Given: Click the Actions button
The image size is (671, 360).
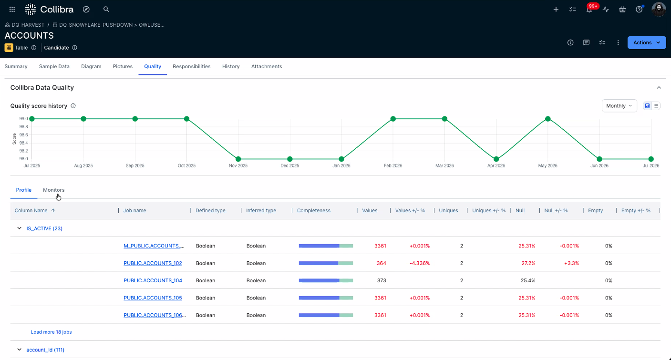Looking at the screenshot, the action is [x=646, y=42].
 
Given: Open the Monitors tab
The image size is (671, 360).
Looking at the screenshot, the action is [x=53, y=190].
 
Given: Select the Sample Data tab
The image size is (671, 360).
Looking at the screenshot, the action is [x=54, y=66].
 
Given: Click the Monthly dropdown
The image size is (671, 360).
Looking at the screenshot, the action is [x=619, y=106].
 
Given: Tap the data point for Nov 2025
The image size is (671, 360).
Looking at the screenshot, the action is [x=238, y=159].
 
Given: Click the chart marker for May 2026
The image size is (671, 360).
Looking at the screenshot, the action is [x=547, y=119].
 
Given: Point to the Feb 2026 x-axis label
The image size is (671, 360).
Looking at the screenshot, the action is [x=392, y=165].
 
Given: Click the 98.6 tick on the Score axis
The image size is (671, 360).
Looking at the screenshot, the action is [x=24, y=135].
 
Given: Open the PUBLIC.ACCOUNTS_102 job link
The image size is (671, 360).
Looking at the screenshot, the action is [x=153, y=263].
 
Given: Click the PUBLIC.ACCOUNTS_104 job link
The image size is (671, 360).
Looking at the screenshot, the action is [x=153, y=281].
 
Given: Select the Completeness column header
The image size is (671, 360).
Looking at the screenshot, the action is [x=314, y=211].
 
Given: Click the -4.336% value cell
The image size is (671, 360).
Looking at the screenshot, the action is [x=420, y=263].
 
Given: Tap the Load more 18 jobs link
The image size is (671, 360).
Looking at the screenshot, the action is [x=51, y=332].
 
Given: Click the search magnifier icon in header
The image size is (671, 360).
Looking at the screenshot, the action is [x=106, y=9].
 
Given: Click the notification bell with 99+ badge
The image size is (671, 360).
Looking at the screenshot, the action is [x=589, y=9].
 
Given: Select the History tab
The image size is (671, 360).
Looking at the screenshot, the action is [x=231, y=66].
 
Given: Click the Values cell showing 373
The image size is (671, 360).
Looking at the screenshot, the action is [x=382, y=281].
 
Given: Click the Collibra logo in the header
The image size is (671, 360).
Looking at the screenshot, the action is [x=49, y=9].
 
